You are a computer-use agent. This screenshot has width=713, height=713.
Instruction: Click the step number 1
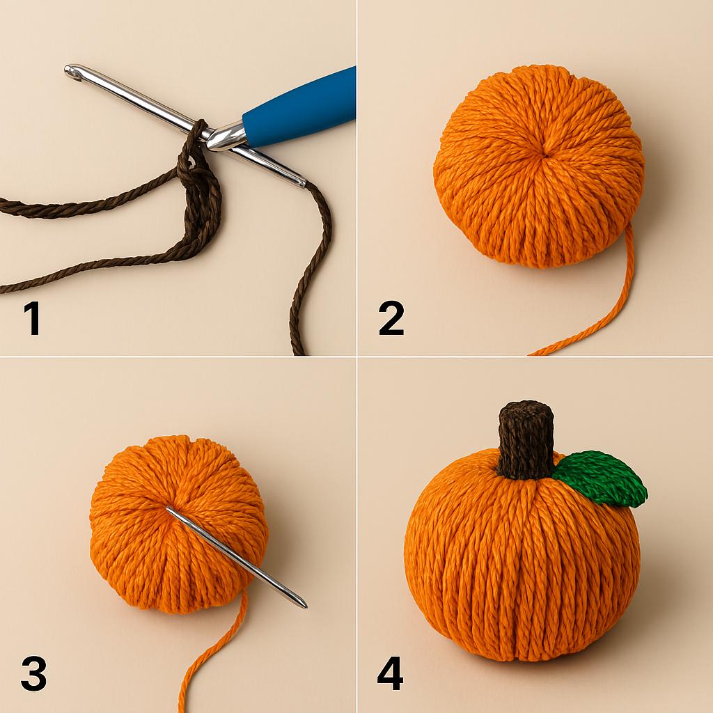[31, 319]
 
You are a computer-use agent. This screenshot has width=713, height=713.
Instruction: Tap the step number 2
[391, 319]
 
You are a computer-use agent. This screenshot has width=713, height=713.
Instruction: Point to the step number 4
[391, 674]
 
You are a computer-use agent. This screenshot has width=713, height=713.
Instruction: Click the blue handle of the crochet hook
[299, 108]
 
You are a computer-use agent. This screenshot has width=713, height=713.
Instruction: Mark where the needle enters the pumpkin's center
[169, 511]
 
